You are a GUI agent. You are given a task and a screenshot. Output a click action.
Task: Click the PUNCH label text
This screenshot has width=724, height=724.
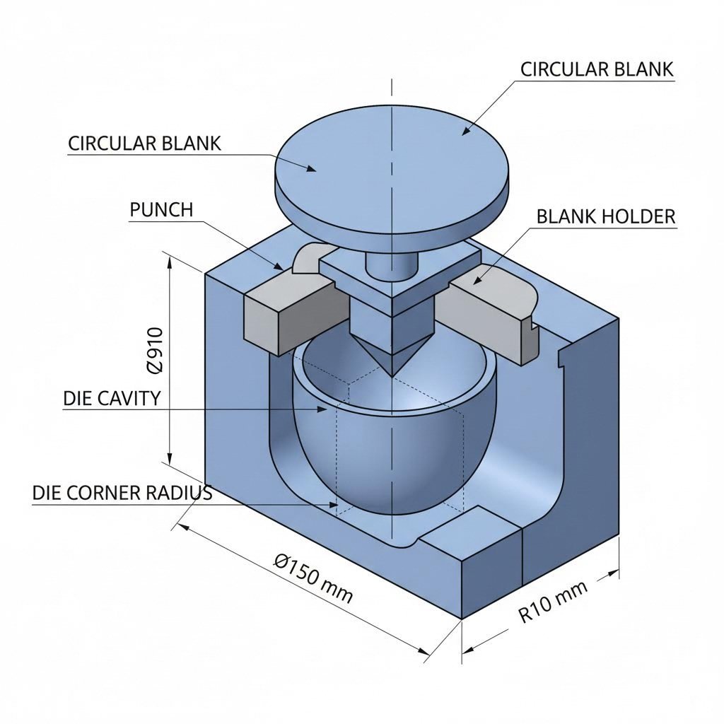pyautogui.click(x=162, y=210)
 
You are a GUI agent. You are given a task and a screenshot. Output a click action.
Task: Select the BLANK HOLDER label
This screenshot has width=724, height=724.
pyautogui.click(x=606, y=216)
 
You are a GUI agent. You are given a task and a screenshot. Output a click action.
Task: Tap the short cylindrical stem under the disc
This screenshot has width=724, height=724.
pyautogui.click(x=390, y=264)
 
